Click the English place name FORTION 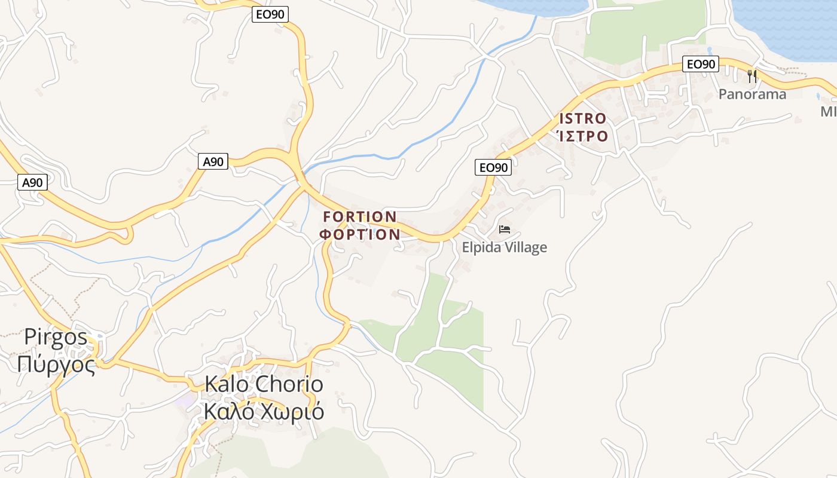coord(359,216)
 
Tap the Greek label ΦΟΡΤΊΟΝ coord(359,234)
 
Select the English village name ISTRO coord(582,118)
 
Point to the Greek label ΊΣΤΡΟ coord(582,136)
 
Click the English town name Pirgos coord(56,337)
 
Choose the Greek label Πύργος coord(56,363)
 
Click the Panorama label coord(752,94)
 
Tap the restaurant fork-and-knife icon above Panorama coord(752,76)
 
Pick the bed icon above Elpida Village coord(505,229)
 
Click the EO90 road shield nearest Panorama coord(701,64)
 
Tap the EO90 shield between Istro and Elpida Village coord(493,167)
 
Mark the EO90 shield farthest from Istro coord(270,14)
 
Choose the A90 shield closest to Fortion coord(213,161)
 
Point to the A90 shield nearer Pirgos coord(32,182)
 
